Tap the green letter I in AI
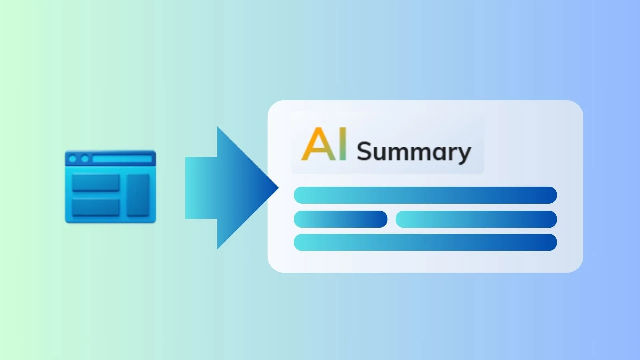[342, 144]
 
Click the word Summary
[414, 152]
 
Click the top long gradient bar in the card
[425, 195]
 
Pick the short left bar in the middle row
[340, 219]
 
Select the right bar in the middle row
[476, 219]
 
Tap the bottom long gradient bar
[425, 242]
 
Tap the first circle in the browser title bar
[73, 159]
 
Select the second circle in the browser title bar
[85, 159]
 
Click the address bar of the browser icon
[122, 159]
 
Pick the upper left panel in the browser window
[96, 182]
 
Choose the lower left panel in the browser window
[96, 207]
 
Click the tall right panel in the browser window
[138, 195]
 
